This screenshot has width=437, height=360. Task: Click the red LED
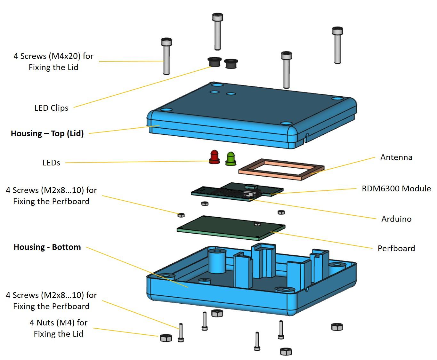point(214,157)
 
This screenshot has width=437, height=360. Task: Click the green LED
point(231,159)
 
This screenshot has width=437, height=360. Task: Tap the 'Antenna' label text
point(396,157)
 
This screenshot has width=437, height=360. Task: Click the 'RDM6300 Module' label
point(396,188)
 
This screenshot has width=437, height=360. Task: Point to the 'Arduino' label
point(396,219)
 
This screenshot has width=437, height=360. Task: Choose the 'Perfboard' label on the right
point(396,248)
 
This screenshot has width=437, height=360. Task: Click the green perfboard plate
point(231,228)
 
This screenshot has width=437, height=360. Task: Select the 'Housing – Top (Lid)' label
point(47,133)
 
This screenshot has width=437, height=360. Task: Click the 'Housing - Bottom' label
point(47,247)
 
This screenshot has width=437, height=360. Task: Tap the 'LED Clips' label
point(51,108)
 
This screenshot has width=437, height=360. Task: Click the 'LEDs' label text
point(51,163)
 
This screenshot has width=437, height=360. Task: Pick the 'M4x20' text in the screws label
point(64,56)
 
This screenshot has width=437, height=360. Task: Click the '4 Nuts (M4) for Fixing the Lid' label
point(58,328)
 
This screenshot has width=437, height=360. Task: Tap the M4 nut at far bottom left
point(166,338)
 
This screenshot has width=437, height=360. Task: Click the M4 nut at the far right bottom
point(337,327)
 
